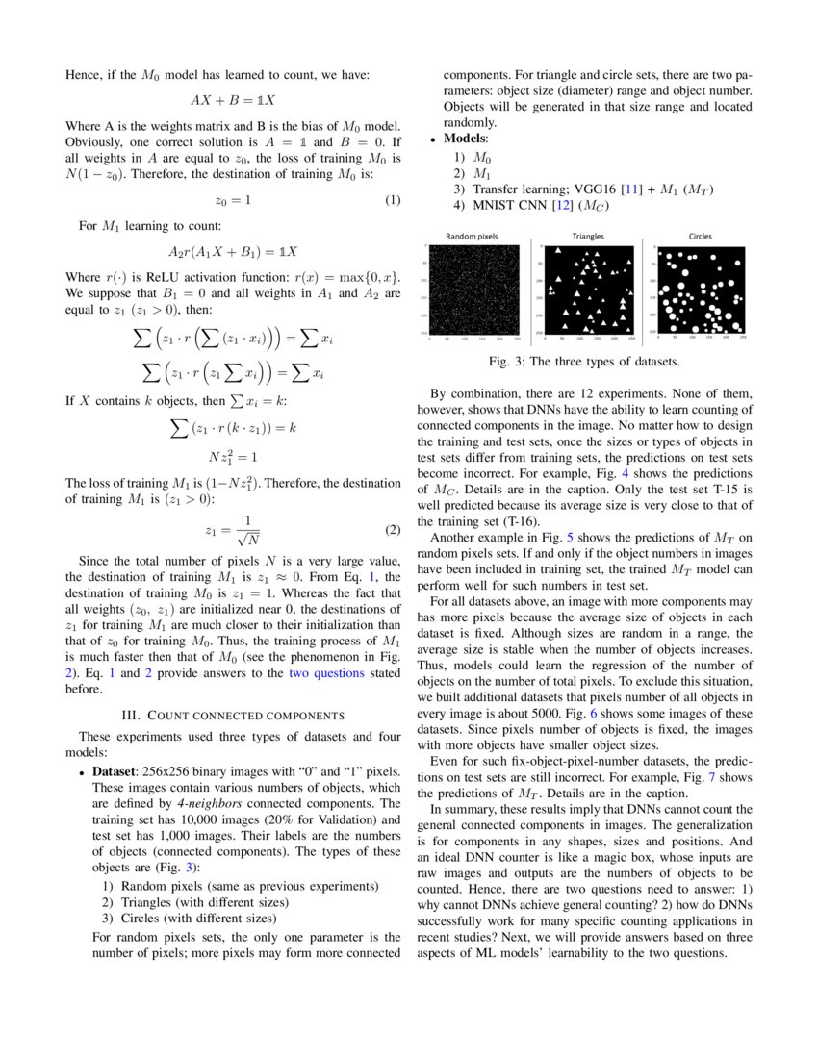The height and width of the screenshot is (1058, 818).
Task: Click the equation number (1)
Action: [x=392, y=200]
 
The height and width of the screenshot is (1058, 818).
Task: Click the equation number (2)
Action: [x=392, y=530]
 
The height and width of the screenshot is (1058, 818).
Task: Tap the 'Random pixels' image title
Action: [x=472, y=236]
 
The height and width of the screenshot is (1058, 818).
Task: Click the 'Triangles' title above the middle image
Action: [x=588, y=236]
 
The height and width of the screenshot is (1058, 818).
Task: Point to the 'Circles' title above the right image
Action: [x=701, y=236]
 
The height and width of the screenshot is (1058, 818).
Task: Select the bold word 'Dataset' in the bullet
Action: [x=118, y=772]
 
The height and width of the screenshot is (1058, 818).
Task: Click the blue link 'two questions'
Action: [x=326, y=673]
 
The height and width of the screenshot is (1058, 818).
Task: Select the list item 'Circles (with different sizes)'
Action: [x=198, y=918]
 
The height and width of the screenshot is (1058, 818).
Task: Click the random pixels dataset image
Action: [x=475, y=289]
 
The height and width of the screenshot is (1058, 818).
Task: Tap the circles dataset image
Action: [x=702, y=289]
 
